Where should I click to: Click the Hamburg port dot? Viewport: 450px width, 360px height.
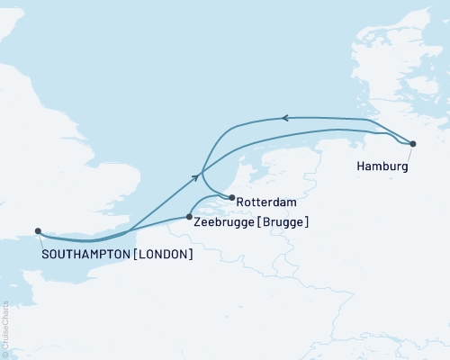pos(412,144)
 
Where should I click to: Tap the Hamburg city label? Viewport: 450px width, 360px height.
pos(382,167)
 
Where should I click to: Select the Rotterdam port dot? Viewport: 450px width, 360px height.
pos(232,198)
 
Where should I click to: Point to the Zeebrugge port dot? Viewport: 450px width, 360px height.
pos(188,216)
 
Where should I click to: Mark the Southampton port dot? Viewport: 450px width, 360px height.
pos(38,230)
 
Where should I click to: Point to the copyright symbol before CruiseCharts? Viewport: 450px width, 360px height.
pos(4,354)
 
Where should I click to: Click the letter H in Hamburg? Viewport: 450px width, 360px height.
pos(361,167)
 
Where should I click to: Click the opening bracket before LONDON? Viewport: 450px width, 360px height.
pos(134,255)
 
